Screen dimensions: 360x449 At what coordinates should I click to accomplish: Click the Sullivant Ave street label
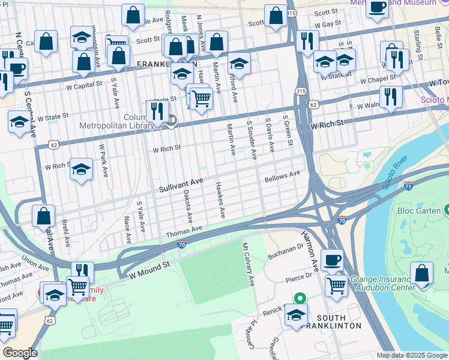[181, 185]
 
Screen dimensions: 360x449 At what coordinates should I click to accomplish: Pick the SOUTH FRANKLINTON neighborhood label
[330, 321]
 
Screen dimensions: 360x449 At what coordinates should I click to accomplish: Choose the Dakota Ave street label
[187, 204]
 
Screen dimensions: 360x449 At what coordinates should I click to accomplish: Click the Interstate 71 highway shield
[409, 186]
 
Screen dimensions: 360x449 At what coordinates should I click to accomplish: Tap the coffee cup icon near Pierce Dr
[332, 260]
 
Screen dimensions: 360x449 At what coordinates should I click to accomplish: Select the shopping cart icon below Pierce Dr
[336, 286]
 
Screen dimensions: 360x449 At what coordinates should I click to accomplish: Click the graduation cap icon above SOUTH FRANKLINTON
[296, 314]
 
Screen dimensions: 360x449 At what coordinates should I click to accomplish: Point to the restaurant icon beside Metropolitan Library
[157, 110]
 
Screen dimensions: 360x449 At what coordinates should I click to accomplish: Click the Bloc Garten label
[419, 211]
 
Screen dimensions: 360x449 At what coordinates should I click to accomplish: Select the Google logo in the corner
[20, 353]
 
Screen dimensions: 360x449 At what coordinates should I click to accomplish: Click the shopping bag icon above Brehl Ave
[44, 215]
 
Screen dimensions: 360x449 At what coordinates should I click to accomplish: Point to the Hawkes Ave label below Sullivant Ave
[220, 199]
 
